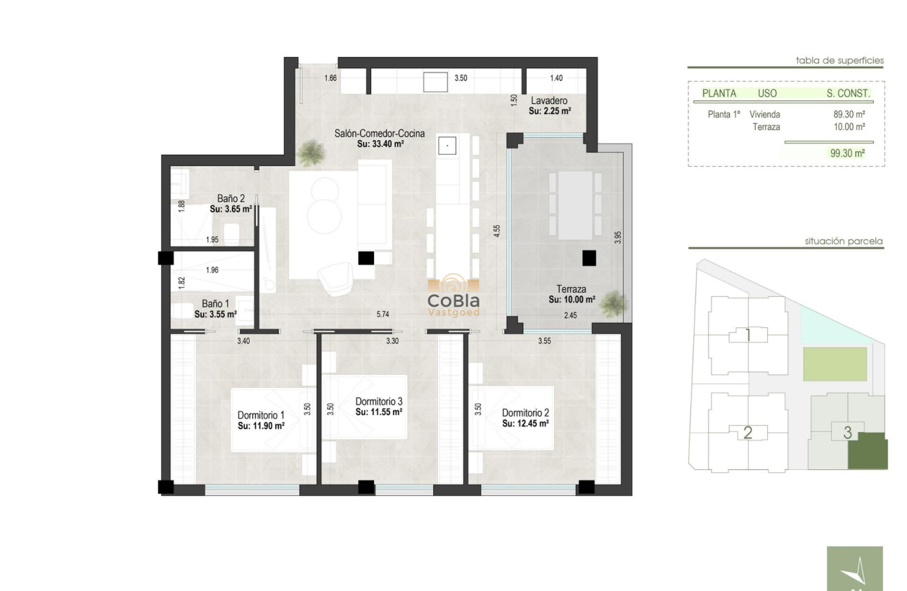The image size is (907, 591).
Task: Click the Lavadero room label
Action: tap(549, 101)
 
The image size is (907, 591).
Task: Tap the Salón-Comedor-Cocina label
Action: tap(380, 133)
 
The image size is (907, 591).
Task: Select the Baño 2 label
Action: tap(231, 199)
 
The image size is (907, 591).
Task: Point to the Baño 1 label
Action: tap(215, 304)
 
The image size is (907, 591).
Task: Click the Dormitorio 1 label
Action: tap(261, 415)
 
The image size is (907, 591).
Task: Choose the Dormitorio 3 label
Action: tap(378, 401)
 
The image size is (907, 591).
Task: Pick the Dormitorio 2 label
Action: tap(525, 413)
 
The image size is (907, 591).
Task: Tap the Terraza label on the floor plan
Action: tap(572, 289)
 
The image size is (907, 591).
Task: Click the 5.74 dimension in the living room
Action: tap(383, 314)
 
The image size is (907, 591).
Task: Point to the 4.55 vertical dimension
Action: tap(496, 231)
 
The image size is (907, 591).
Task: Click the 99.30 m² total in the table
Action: tap(847, 153)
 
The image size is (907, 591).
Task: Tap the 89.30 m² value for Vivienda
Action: tap(849, 114)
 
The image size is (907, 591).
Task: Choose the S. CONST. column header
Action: tap(848, 93)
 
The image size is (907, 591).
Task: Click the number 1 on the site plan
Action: tap(747, 336)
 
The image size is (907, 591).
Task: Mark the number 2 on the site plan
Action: tap(747, 433)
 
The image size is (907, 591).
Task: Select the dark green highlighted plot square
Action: tap(868, 452)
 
